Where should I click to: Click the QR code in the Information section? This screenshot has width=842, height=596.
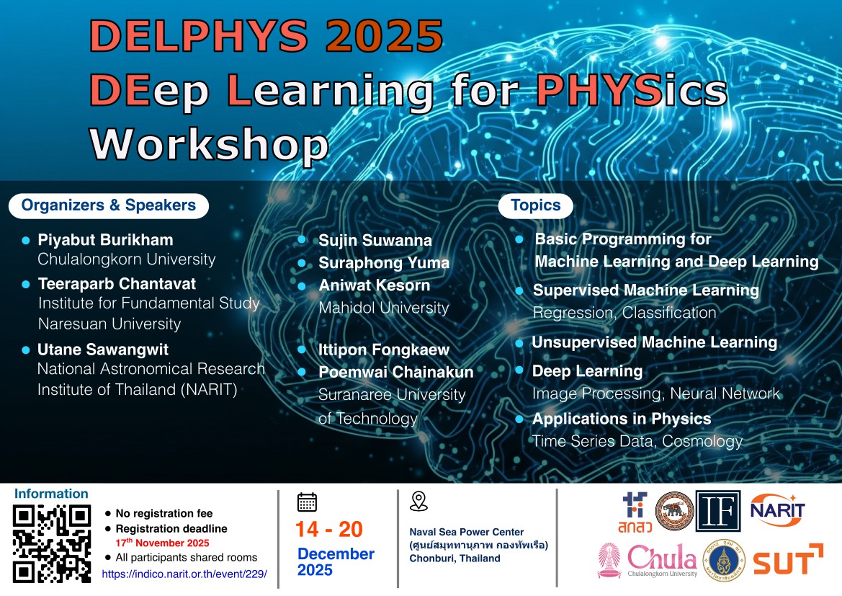pyautogui.click(x=52, y=544)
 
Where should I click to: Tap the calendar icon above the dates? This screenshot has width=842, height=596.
pyautogui.click(x=307, y=502)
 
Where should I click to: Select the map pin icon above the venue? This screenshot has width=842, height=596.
pyautogui.click(x=418, y=502)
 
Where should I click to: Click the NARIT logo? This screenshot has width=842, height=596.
pyautogui.click(x=777, y=510)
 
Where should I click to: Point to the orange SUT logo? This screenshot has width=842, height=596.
pyautogui.click(x=788, y=560)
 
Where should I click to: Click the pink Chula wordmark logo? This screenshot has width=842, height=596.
pyautogui.click(x=662, y=560)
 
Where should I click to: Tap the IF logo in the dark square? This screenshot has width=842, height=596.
pyautogui.click(x=718, y=511)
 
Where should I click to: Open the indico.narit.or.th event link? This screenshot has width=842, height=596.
pyautogui.click(x=184, y=574)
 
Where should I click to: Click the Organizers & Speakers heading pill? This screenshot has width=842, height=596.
pyautogui.click(x=109, y=206)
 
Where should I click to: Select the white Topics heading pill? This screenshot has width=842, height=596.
pyautogui.click(x=535, y=206)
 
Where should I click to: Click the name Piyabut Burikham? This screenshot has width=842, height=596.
pyautogui.click(x=105, y=240)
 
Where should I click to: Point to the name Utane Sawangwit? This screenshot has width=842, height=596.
pyautogui.click(x=103, y=350)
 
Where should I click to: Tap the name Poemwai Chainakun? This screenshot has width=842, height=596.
pyautogui.click(x=395, y=372)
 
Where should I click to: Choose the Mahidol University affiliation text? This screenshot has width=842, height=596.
pyautogui.click(x=383, y=308)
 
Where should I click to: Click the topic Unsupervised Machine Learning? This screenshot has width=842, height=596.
pyautogui.click(x=655, y=342)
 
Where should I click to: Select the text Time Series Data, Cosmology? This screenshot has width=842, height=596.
pyautogui.click(x=637, y=441)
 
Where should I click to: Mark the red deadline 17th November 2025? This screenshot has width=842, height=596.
pyautogui.click(x=162, y=543)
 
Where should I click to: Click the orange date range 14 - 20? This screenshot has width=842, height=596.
pyautogui.click(x=329, y=530)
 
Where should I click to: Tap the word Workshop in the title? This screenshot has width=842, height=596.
pyautogui.click(x=209, y=144)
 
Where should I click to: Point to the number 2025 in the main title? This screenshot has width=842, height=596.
pyautogui.click(x=385, y=36)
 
